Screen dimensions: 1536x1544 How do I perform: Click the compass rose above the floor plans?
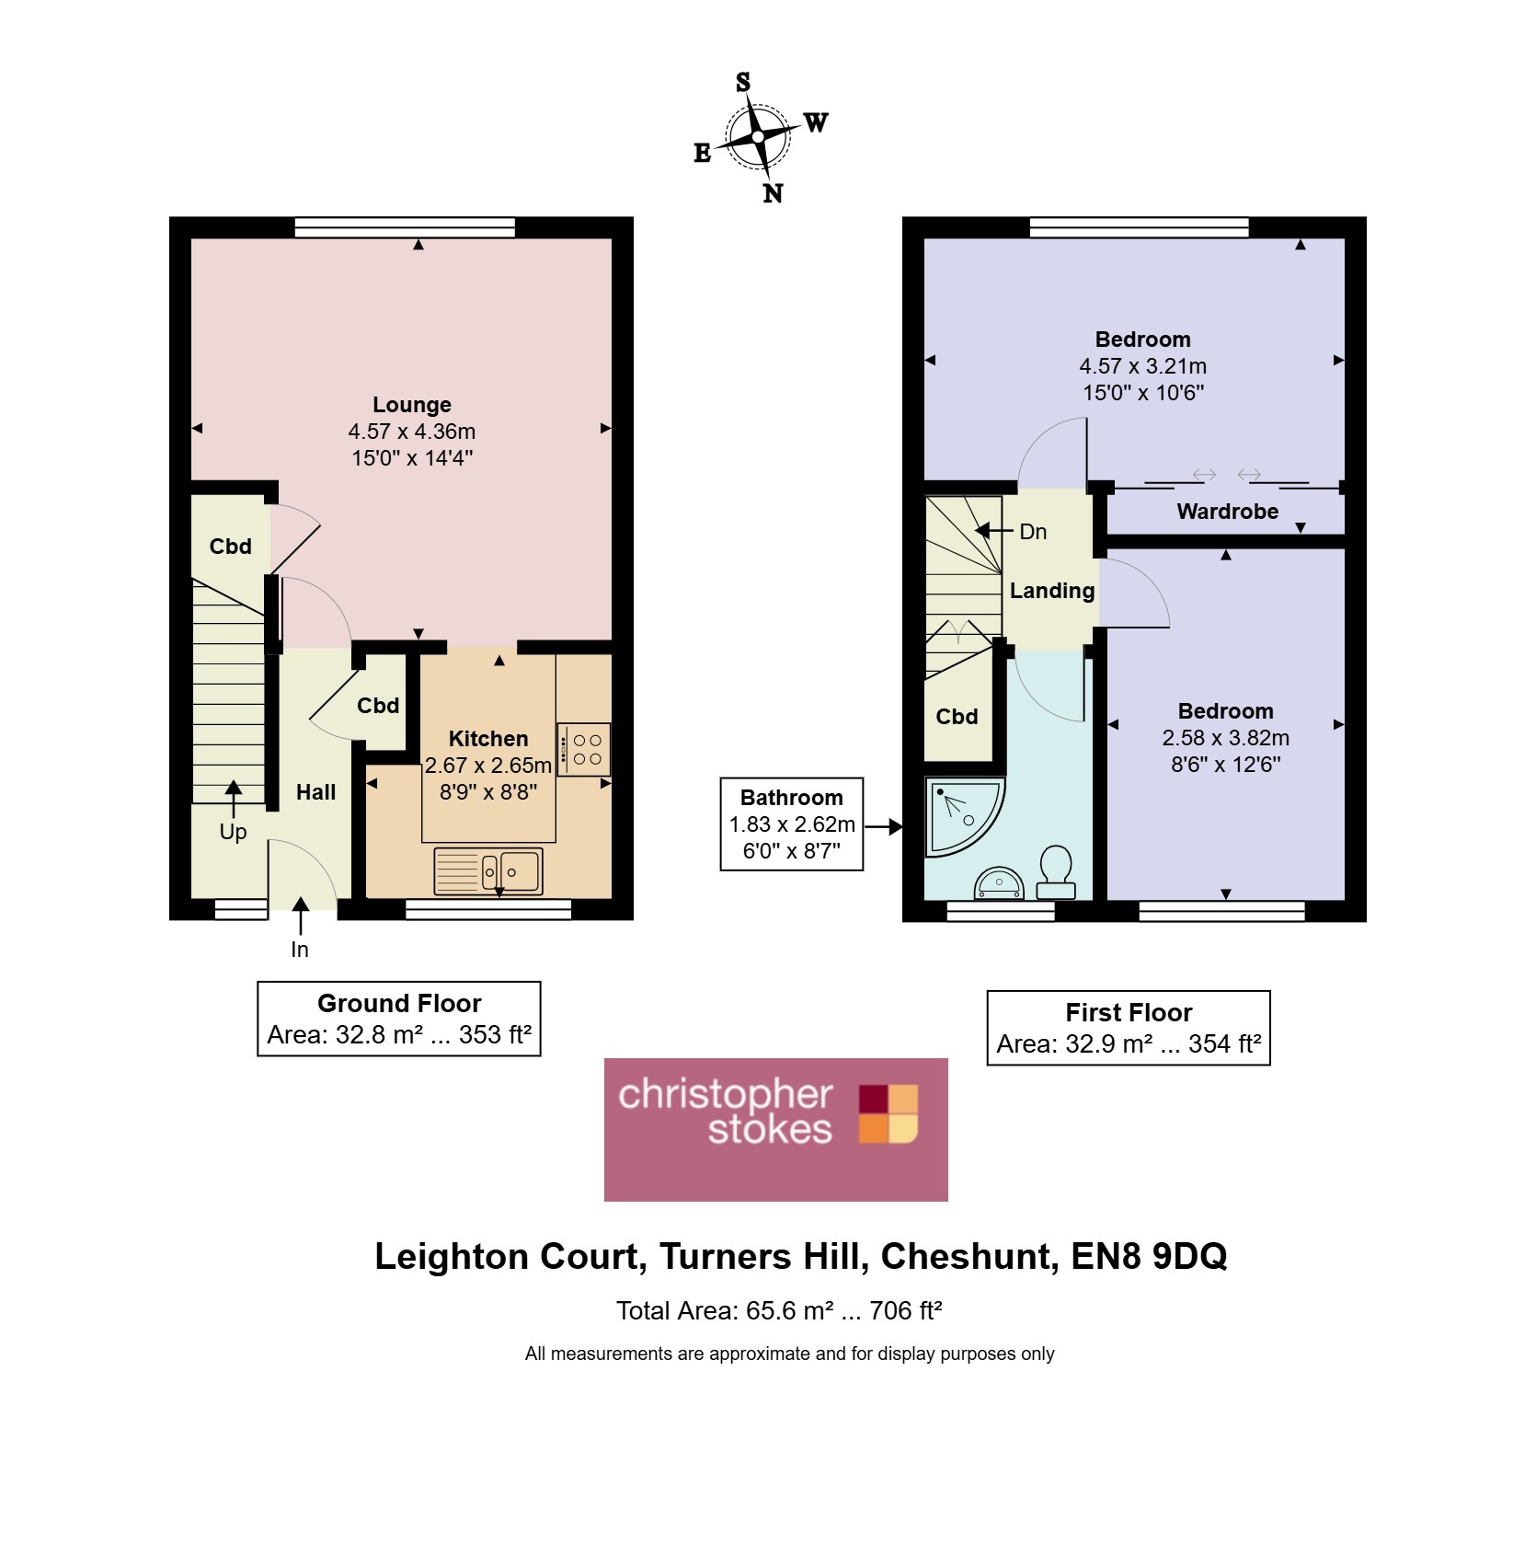758,137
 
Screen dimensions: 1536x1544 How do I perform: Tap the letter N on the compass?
773,193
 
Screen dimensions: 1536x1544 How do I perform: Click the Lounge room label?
412,405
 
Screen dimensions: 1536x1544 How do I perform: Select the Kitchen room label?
488,739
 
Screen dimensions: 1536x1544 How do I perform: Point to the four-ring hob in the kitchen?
584,749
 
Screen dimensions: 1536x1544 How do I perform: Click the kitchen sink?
488,870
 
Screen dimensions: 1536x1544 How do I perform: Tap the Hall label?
315,792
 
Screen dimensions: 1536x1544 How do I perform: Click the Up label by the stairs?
233,832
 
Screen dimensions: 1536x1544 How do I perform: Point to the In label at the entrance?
300,950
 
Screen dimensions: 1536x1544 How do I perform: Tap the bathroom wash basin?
998,883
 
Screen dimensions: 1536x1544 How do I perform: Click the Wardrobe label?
1227,512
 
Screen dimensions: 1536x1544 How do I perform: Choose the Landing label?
1052,591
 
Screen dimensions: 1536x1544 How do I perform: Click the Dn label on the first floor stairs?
1033,532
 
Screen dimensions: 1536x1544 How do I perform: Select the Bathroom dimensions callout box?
791,824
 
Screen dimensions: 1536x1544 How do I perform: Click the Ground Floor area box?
398,1019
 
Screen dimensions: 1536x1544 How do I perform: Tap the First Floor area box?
1129,1028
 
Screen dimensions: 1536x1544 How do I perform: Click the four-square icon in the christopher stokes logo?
888,1113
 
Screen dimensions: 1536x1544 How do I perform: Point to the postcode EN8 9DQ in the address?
1149,1257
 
